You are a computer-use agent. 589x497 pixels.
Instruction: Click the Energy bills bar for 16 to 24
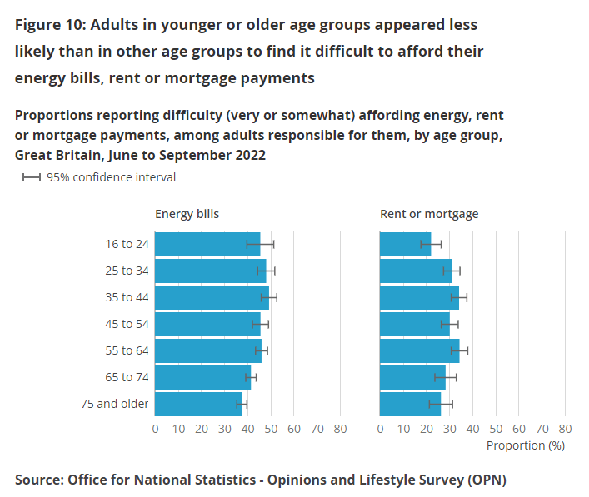tap(207, 244)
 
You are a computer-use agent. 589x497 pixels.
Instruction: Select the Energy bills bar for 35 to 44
tap(212, 297)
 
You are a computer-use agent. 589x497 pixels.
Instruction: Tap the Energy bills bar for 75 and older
tap(198, 404)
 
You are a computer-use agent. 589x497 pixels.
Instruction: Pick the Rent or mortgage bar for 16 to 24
tap(405, 244)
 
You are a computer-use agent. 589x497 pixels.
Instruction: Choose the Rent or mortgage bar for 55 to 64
tap(419, 350)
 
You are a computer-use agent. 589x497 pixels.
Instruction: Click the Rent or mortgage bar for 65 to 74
tap(412, 377)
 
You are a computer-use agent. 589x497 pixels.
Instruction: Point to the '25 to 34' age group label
tap(127, 271)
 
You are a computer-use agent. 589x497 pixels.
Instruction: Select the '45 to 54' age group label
tap(127, 324)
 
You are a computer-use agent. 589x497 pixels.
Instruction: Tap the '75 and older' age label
tap(121, 404)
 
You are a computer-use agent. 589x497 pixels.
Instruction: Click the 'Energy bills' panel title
tap(187, 214)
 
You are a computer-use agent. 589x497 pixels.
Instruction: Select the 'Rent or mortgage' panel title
tap(429, 214)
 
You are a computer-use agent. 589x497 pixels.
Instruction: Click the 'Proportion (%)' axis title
tap(526, 445)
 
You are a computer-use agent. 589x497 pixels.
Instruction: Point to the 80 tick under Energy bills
tap(340, 429)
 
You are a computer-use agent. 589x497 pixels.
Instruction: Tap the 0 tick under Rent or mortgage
tap(381, 429)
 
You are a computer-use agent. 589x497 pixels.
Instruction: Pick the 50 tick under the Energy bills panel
tap(271, 429)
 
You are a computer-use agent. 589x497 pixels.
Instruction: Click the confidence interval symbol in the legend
tap(32, 177)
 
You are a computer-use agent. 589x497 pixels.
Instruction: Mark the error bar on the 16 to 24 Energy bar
tap(260, 244)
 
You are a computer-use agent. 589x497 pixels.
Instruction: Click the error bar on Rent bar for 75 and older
tap(441, 404)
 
